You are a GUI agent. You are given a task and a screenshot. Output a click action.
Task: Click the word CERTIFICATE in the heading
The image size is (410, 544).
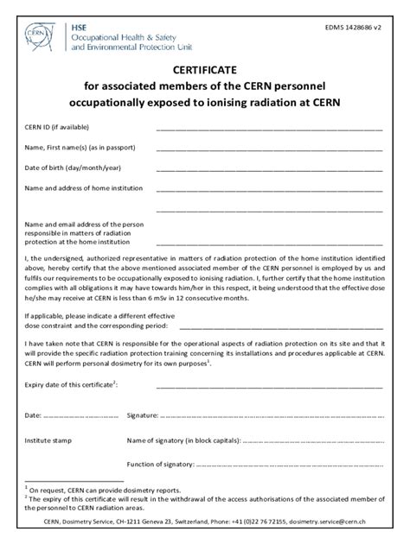[204, 70]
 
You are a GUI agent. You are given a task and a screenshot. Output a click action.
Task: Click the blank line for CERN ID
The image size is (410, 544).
[268, 130]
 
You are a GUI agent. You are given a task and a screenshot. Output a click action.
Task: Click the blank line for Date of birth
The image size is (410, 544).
[268, 169]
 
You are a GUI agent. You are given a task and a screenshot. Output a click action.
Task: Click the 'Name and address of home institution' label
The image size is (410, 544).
[82, 187]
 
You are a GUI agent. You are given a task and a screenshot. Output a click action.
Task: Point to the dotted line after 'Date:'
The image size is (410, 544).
[78, 415]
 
